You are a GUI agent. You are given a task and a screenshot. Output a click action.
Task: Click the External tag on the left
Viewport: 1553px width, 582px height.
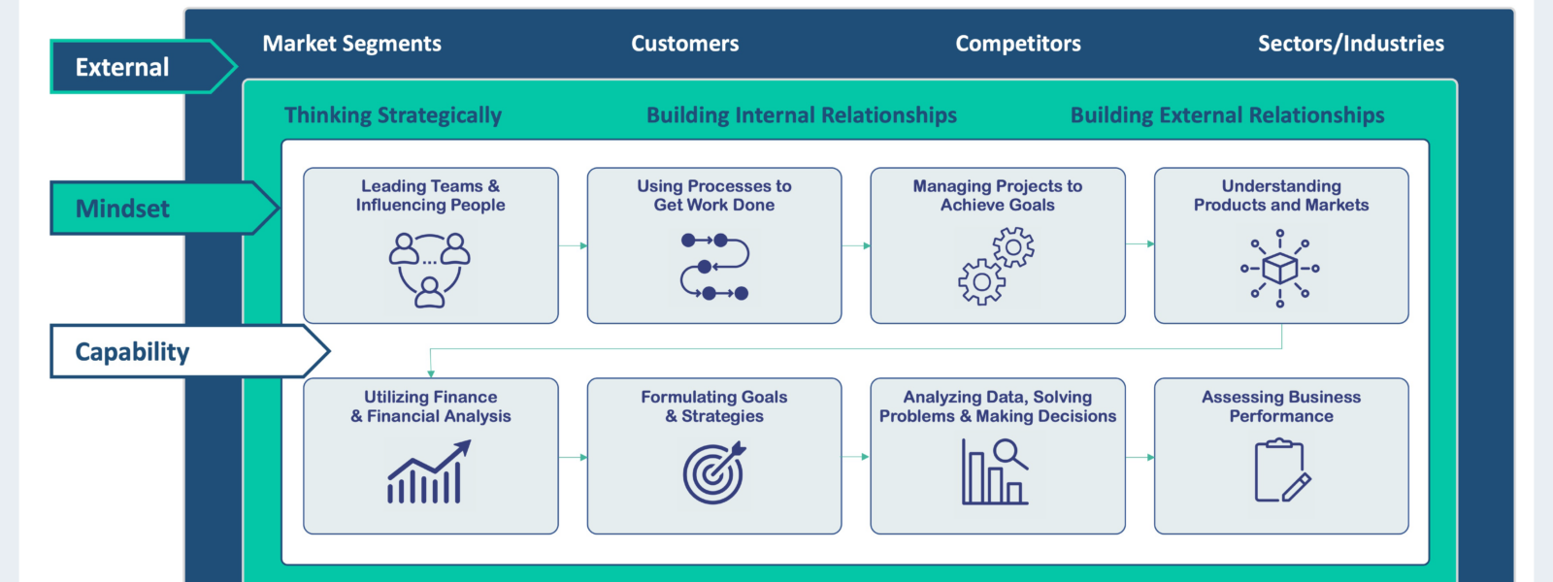[x=123, y=67]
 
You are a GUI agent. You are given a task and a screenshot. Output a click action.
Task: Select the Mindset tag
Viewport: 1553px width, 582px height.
[x=123, y=209]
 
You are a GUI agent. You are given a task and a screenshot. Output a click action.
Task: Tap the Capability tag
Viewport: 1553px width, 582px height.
[x=133, y=351]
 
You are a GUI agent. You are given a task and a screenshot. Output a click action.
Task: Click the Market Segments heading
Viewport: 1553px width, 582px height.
[x=351, y=44]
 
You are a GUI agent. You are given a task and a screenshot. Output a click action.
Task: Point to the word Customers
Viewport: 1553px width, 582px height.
[x=684, y=44]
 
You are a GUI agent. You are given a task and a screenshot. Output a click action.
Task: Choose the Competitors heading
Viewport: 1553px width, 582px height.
[x=1017, y=44]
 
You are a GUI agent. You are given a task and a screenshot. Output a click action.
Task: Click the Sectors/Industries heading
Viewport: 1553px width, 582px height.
[x=1350, y=44]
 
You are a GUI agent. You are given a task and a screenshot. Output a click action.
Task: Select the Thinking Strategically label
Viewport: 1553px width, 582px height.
[x=393, y=115]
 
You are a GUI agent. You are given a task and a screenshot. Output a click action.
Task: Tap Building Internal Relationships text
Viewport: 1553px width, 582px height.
[x=802, y=115]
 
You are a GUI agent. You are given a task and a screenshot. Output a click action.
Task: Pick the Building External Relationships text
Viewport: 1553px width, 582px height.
[x=1227, y=115]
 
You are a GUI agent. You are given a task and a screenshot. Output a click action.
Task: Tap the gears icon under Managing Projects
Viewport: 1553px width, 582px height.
[x=997, y=266]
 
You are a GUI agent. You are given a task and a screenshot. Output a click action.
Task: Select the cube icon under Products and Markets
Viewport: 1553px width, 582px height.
[x=1280, y=268]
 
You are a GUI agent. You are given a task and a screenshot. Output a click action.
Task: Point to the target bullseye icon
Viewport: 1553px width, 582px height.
[x=714, y=472]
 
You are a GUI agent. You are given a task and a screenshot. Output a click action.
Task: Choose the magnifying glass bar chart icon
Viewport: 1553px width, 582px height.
[x=995, y=472]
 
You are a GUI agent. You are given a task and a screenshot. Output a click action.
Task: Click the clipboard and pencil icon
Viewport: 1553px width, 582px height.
[x=1281, y=471]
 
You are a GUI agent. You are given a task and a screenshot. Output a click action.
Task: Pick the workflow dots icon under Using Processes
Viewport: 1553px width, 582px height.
[x=714, y=266]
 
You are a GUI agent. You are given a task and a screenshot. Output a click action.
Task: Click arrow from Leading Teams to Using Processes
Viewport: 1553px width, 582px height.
[x=573, y=245]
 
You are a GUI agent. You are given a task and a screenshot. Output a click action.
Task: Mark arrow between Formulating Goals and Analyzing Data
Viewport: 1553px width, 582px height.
[x=856, y=456]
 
